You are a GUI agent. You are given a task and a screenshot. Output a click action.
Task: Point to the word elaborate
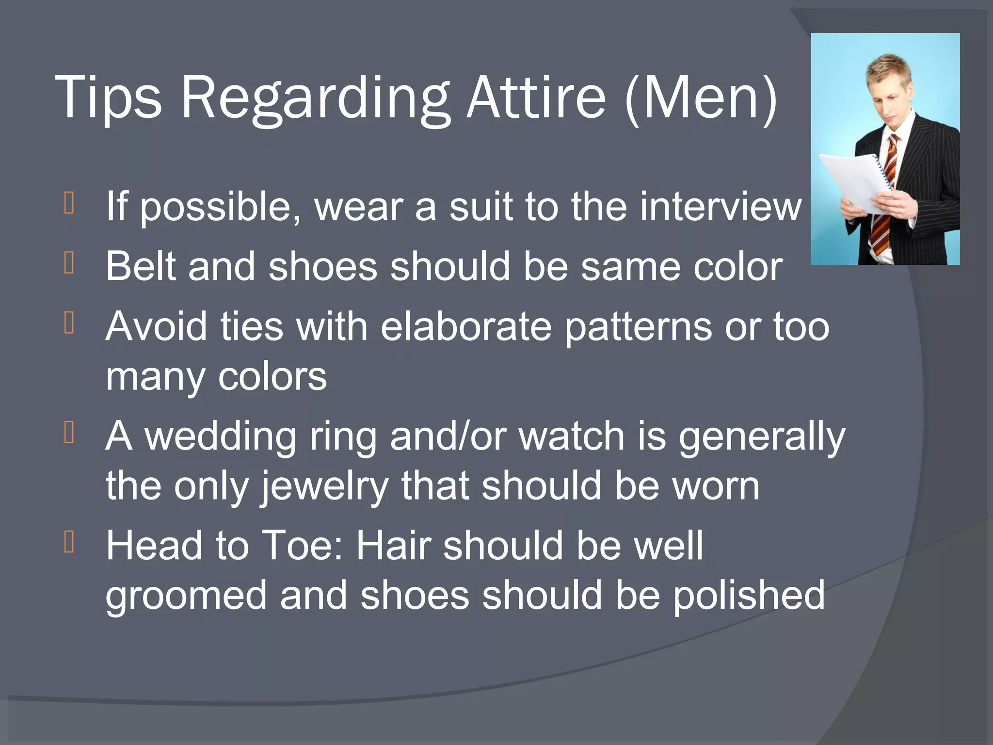(x=465, y=326)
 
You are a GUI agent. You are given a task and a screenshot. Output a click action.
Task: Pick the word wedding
(x=221, y=437)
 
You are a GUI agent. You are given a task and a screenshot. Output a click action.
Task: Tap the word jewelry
(x=324, y=486)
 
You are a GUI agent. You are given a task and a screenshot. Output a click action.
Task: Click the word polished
(x=749, y=596)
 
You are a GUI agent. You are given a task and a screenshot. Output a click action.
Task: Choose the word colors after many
(x=272, y=377)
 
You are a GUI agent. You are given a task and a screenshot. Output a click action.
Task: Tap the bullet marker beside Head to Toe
(x=69, y=542)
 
